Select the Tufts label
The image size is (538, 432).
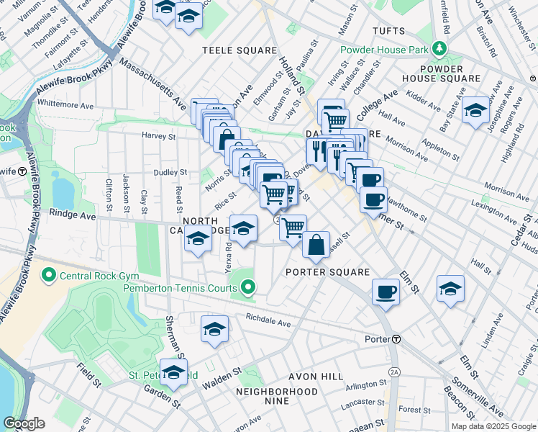[x=391, y=31]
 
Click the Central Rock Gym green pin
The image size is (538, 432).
[x=49, y=274]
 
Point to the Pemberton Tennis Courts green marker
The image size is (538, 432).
[x=248, y=289]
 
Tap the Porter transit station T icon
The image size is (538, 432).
[x=396, y=339]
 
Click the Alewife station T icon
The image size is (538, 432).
[x=22, y=171]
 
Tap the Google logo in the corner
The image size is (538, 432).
[x=24, y=423]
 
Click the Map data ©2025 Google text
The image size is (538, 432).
[x=493, y=426]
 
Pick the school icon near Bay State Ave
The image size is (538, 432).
[x=475, y=110]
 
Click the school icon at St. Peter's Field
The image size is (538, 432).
[x=173, y=372]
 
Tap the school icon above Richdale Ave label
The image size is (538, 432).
[x=214, y=329]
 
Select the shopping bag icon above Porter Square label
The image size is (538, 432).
[x=316, y=245]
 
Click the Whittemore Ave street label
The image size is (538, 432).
[x=65, y=104]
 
